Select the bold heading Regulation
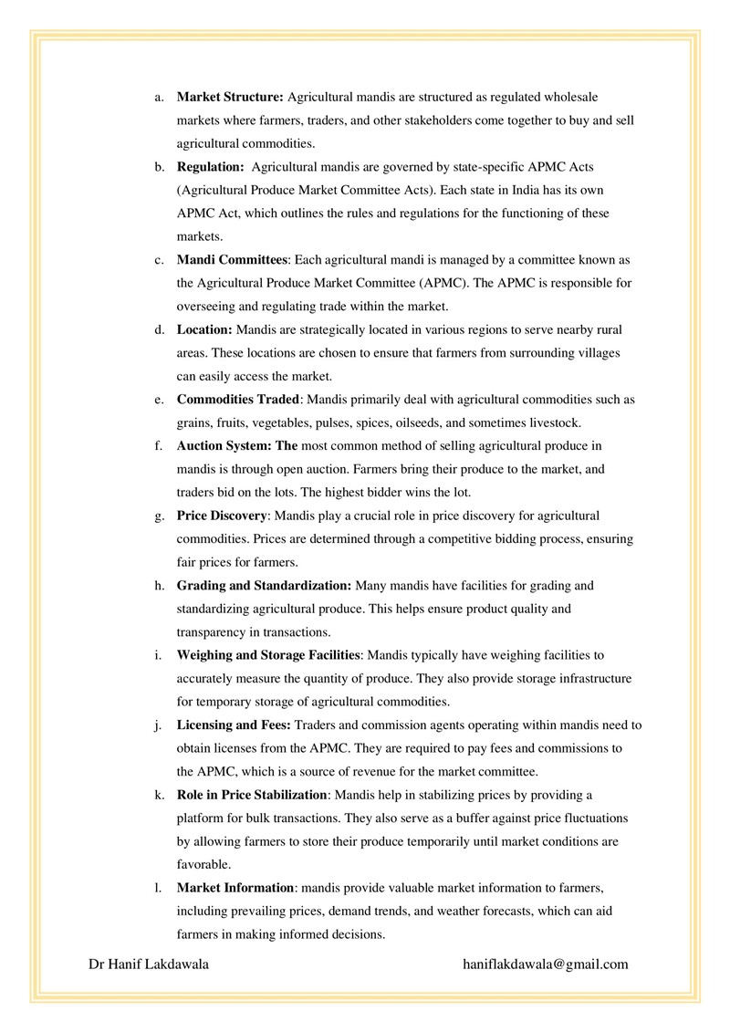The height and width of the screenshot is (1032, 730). [210, 166]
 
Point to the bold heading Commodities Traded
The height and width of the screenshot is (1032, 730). [237, 400]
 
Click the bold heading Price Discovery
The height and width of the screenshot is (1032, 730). [222, 516]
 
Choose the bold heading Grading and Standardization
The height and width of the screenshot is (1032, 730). [264, 585]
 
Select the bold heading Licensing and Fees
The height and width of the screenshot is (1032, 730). [234, 724]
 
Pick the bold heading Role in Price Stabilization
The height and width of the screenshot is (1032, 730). [251, 794]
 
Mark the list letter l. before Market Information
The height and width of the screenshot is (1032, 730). [158, 887]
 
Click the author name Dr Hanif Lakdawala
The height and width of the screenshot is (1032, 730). [149, 964]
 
